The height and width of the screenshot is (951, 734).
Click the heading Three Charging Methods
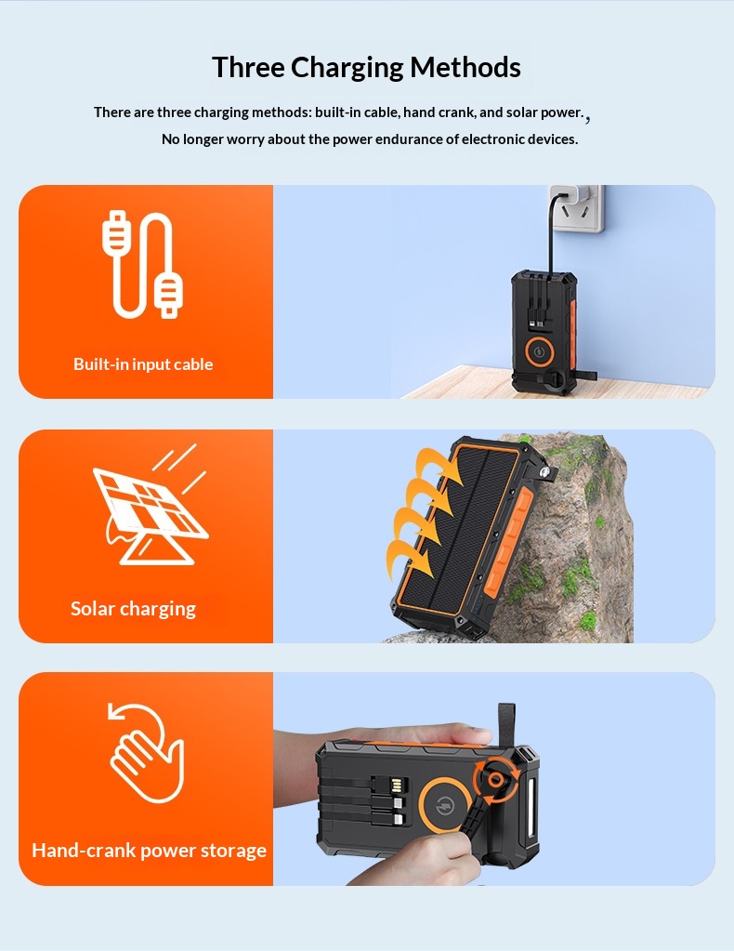point(366,68)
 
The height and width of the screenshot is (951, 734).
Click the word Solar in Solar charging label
point(93,608)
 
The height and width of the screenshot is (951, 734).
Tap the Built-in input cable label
point(143,363)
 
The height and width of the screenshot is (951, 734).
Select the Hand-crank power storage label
point(149,851)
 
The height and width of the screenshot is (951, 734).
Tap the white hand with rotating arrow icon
point(146,752)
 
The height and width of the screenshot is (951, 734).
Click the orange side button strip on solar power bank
point(509,534)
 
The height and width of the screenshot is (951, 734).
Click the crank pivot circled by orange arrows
point(496,781)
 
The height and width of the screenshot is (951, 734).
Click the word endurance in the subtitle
point(409,139)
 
